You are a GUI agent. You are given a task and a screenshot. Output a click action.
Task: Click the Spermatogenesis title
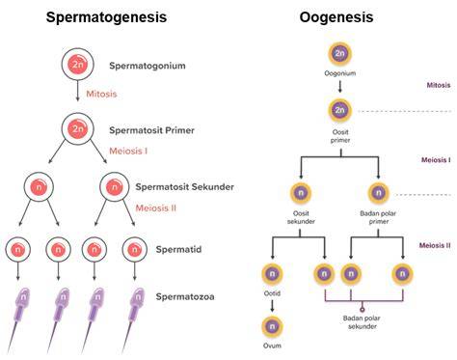[106, 17]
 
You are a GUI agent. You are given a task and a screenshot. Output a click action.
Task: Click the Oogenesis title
[336, 17]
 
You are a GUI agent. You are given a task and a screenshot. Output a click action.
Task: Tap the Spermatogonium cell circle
[78, 65]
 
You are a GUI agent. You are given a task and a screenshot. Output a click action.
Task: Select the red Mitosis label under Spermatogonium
[101, 94]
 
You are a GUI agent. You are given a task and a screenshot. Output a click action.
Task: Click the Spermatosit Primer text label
[151, 130]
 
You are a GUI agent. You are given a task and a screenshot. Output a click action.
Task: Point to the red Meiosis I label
[128, 151]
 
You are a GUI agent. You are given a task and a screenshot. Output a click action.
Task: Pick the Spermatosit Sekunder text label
[184, 187]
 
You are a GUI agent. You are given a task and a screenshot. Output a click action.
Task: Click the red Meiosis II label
[156, 208]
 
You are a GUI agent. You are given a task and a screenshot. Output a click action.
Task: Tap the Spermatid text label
[178, 249]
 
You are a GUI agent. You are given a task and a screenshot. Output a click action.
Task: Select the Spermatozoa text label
[185, 296]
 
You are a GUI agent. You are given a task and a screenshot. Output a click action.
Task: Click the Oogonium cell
[339, 54]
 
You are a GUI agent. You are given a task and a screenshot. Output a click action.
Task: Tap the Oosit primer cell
[339, 110]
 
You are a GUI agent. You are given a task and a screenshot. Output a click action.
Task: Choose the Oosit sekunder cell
[301, 193]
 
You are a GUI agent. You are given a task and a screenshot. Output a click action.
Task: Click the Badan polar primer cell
[378, 193]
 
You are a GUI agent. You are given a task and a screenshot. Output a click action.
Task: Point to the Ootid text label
[272, 293]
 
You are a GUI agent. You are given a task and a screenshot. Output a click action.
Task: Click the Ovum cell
[272, 326]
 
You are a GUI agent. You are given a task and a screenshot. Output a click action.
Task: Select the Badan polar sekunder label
[362, 322]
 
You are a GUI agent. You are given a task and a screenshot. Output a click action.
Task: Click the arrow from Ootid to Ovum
[272, 306]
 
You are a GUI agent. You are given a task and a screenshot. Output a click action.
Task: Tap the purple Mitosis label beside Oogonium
[439, 85]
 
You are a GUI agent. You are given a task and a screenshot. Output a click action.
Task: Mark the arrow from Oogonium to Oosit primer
[340, 86]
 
